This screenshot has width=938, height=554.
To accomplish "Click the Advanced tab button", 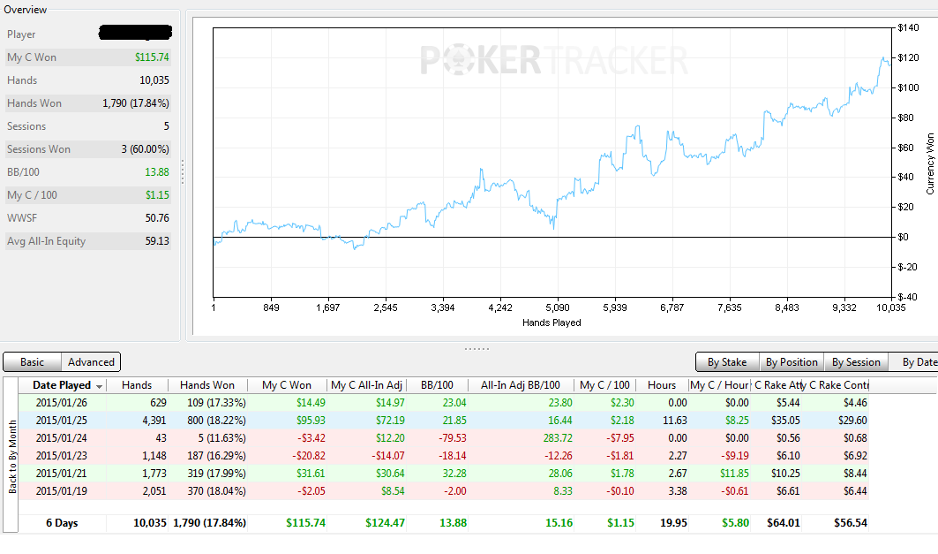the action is (91, 362).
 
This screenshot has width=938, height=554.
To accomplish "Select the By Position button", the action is (792, 362).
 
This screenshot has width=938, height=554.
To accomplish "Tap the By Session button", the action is (856, 362).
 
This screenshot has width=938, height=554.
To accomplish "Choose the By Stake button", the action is (727, 362).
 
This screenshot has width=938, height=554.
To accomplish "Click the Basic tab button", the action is (33, 362).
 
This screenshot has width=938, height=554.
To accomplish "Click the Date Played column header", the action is (63, 385).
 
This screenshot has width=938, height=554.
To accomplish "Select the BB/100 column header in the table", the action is (438, 385).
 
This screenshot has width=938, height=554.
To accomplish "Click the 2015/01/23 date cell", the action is (61, 456).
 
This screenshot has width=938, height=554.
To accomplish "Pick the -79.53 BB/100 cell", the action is (453, 438).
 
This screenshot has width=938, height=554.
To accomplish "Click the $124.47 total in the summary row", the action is (386, 523).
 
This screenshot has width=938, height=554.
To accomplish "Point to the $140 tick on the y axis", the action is (908, 27).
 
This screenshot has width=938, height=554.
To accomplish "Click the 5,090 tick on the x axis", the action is (558, 307).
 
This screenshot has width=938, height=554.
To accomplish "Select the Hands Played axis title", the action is (552, 323).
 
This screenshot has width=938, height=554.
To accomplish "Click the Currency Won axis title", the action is (930, 163).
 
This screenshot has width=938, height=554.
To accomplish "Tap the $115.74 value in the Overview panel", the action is (152, 57).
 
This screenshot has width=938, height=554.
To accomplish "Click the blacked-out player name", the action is (135, 33).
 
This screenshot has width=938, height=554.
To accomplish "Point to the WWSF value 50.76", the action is (157, 218).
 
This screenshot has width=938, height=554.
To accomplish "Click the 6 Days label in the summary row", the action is (63, 523).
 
